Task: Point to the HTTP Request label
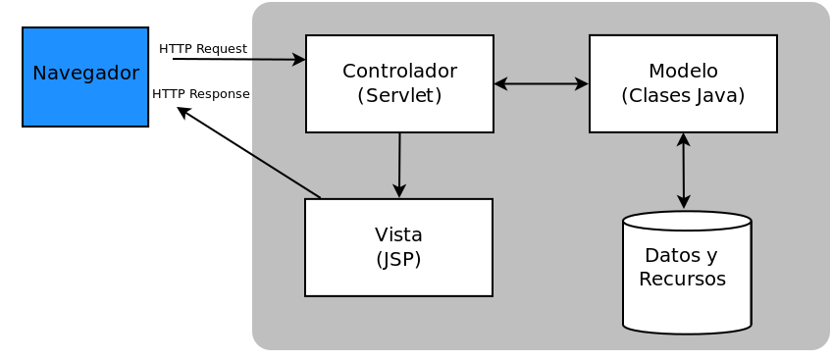(202, 49)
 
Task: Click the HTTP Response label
(201, 93)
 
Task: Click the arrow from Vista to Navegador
(248, 152)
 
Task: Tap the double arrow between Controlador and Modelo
(541, 84)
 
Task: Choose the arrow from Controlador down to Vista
(399, 165)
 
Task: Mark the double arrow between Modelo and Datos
(684, 171)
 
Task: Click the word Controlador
(399, 72)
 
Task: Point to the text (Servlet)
(399, 95)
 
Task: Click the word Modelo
(683, 72)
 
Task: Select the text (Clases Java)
(683, 95)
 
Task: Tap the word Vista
(398, 235)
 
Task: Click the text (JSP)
(398, 259)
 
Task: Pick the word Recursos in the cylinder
(682, 280)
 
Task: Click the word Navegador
(85, 74)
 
